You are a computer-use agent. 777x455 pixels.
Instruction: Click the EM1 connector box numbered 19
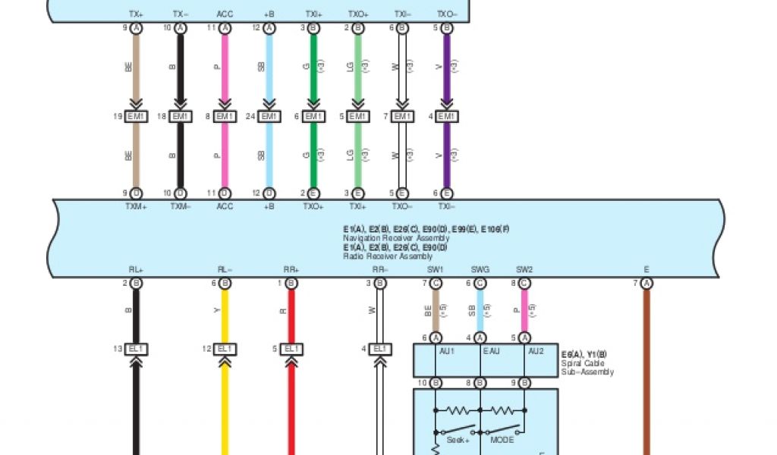[136, 117]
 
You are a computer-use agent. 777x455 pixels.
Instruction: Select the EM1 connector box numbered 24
[269, 117]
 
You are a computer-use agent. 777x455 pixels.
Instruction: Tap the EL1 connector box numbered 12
[224, 349]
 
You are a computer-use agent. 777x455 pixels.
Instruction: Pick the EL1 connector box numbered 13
[137, 349]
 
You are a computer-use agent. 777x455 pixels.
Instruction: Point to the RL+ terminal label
[137, 269]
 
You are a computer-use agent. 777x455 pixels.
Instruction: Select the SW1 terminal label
[436, 269]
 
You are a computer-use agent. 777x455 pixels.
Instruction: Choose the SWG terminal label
[480, 269]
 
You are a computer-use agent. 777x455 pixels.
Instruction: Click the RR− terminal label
[380, 269]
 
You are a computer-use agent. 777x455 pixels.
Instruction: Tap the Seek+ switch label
[457, 441]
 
